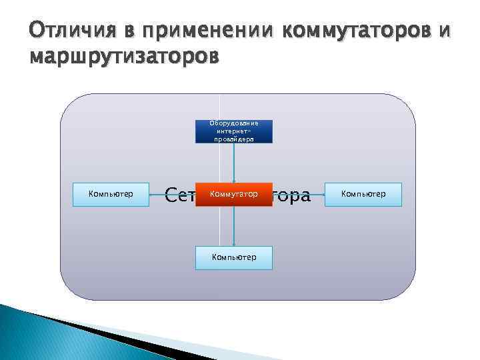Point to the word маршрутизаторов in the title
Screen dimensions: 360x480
pyautogui.click(x=124, y=57)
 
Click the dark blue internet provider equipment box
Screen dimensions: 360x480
pyautogui.click(x=233, y=131)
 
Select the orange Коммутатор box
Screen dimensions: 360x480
pyautogui.click(x=233, y=194)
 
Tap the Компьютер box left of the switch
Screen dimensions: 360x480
pyautogui.click(x=111, y=194)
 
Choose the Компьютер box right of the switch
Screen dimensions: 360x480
pyautogui.click(x=363, y=194)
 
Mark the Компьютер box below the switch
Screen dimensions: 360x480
pyautogui.click(x=233, y=257)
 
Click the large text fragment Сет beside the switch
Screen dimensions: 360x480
pyautogui.click(x=179, y=195)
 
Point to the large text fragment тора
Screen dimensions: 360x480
pyautogui.click(x=291, y=195)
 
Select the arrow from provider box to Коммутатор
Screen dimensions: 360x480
pyautogui.click(x=233, y=163)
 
